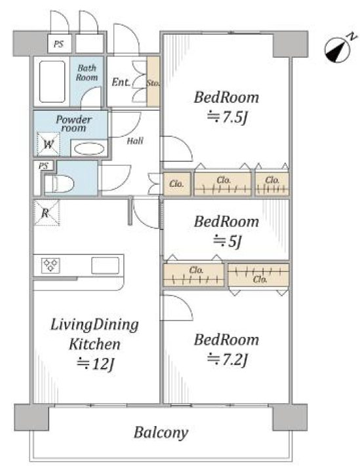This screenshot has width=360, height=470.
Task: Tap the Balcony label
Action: [161, 432]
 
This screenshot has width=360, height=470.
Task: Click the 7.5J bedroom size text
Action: [227, 117]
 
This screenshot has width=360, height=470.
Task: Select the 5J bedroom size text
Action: [227, 241]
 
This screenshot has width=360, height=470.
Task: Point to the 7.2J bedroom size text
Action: [227, 359]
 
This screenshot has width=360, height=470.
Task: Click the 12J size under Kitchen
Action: [95, 364]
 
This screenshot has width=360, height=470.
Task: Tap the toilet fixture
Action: [60, 184]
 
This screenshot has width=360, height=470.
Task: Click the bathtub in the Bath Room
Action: [52, 81]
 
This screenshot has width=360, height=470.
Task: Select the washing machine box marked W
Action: [49, 144]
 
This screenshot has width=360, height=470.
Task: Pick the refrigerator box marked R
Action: [47, 212]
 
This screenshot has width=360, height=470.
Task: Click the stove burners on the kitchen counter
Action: [50, 265]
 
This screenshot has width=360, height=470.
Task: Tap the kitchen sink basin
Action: [105, 265]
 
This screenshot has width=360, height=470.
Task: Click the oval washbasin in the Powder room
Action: [89, 149]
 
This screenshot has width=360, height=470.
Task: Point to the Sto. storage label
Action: [153, 83]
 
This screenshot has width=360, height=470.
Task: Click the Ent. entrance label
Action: [121, 82]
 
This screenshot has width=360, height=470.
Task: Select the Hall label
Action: [135, 140]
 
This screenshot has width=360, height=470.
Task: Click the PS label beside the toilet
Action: [43, 166]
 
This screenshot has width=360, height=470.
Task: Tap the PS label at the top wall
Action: [59, 44]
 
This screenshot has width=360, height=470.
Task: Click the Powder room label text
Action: [73, 124]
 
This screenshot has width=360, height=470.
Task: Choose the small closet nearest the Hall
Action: [177, 184]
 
